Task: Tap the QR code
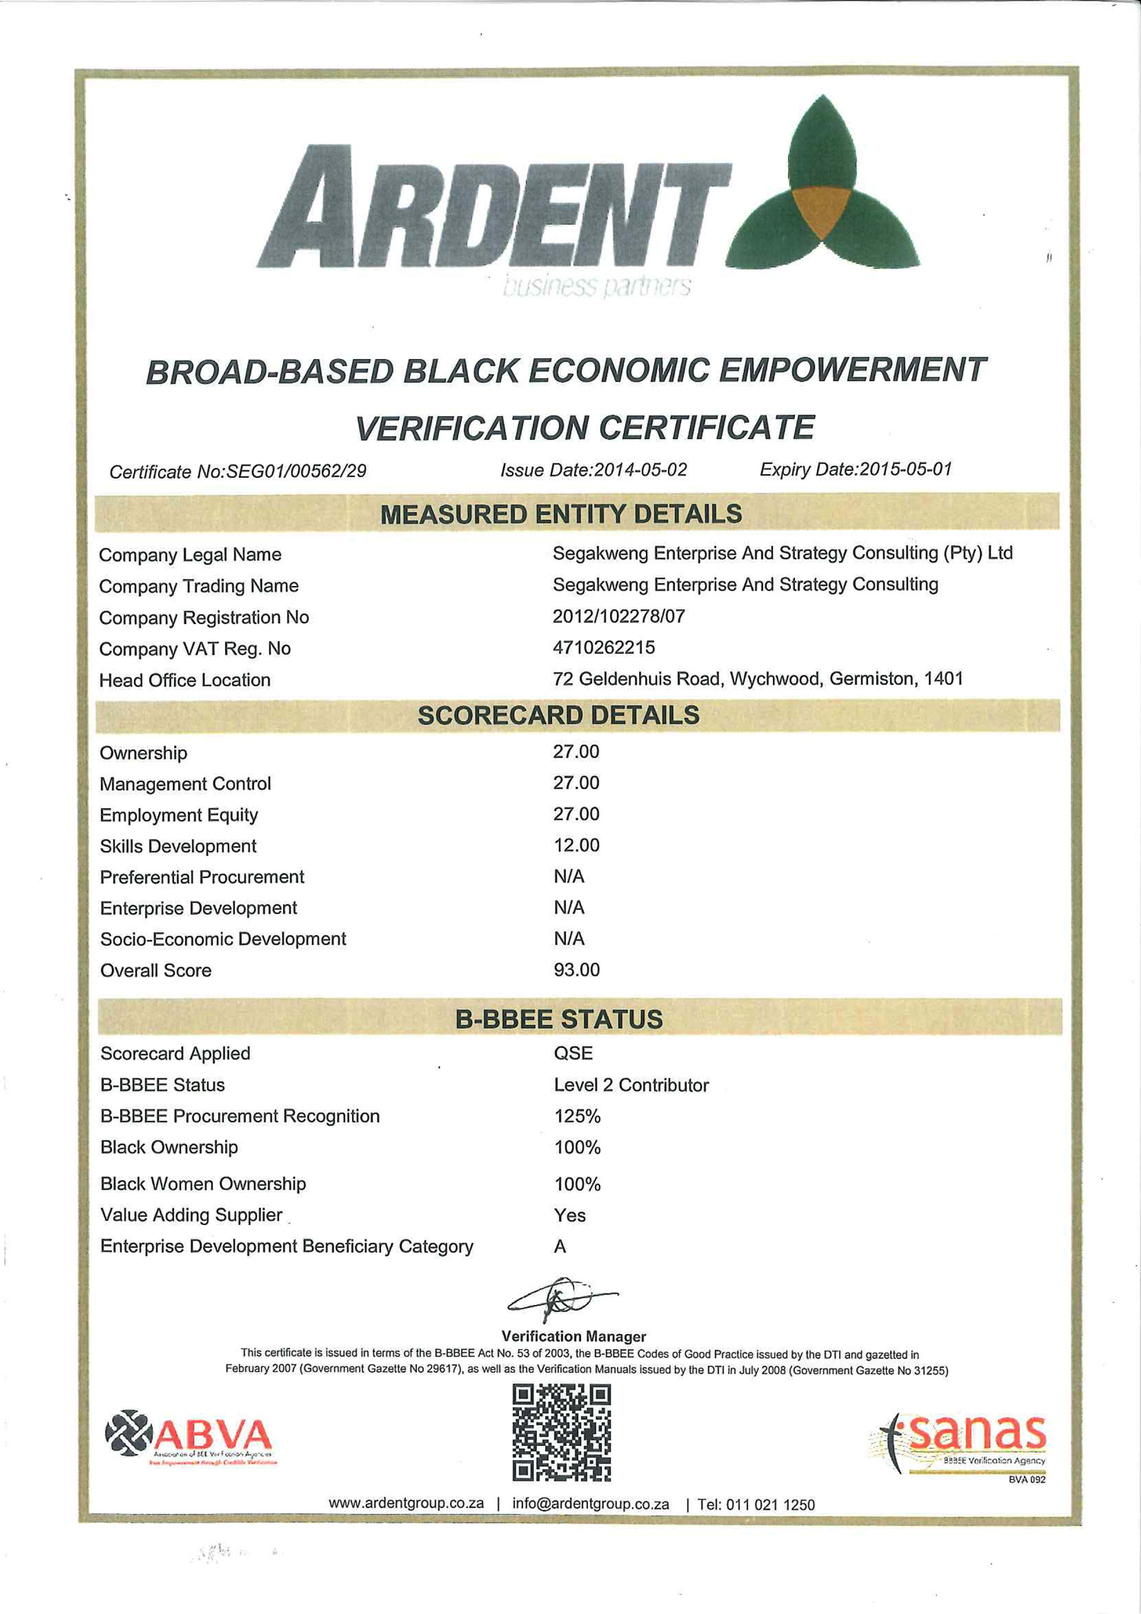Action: [561, 1432]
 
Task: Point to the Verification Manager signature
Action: [561, 1298]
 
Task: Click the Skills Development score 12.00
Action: [576, 845]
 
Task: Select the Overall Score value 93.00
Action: [576, 970]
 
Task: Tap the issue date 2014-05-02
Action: [640, 470]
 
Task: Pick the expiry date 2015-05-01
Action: [905, 470]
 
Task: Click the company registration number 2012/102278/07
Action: [618, 616]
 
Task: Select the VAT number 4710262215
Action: [603, 648]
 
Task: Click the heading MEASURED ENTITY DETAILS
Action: [561, 514]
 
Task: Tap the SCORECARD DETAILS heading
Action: [558, 715]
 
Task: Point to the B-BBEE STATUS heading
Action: [559, 1020]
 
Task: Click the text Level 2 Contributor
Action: [631, 1085]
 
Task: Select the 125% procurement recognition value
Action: [577, 1116]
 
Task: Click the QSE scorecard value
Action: [573, 1053]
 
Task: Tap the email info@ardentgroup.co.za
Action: [590, 1504]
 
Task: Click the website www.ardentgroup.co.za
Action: [406, 1504]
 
